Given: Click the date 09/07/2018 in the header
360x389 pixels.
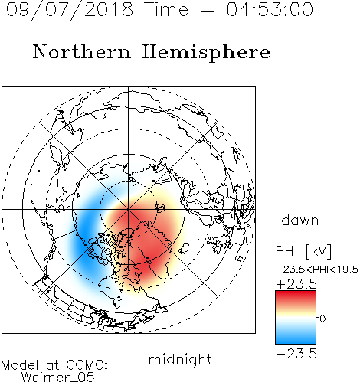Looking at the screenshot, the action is click(70, 10).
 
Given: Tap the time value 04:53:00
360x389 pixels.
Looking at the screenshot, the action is click(270, 9).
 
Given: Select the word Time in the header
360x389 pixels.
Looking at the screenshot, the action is click(166, 9).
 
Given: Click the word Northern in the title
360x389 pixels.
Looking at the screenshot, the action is click(82, 52).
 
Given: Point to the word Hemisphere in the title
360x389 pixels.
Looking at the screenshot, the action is click(206, 53).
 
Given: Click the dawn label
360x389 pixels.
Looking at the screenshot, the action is click(300, 220).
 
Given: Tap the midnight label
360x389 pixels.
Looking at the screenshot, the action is click(180, 359).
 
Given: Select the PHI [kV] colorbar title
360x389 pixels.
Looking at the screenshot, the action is click(303, 251).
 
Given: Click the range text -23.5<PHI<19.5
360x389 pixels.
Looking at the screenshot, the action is click(317, 270).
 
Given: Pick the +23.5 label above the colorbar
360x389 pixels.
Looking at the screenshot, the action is click(296, 284).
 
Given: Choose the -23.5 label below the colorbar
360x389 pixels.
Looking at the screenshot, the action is click(296, 354).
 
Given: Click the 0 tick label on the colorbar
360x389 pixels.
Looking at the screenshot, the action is click(322, 319).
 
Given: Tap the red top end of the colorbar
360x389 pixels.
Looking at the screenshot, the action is click(296, 293).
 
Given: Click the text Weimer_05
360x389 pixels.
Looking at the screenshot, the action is click(58, 378).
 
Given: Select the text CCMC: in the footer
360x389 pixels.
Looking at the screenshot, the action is click(87, 365).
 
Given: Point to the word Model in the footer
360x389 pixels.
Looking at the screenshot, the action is click(20, 365).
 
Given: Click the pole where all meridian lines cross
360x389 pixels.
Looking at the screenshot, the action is click(129, 210).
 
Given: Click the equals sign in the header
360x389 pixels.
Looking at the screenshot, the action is click(208, 10).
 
